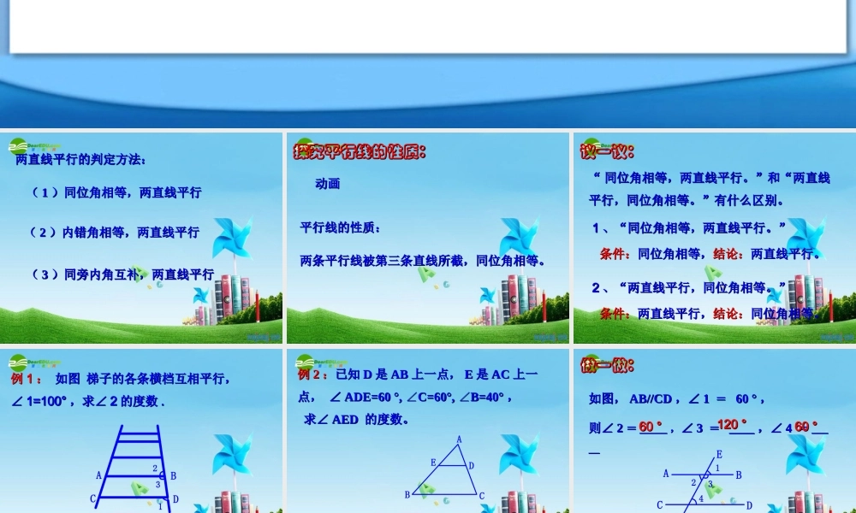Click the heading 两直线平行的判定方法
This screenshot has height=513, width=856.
tap(80, 159)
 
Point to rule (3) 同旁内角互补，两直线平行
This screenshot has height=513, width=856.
tap(122, 274)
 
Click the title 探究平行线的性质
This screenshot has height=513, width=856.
tap(360, 152)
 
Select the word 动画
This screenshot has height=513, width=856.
tap(327, 183)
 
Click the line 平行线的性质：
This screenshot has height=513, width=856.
tap(340, 227)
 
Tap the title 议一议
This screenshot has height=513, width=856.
tap(607, 152)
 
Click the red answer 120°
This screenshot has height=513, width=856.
tap(732, 425)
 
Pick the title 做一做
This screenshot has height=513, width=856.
tap(607, 365)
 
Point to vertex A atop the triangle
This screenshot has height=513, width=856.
tap(459, 439)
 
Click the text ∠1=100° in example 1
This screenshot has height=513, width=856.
tap(43, 401)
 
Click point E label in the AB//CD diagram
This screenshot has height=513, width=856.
tap(718, 454)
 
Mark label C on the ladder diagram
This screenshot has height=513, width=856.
tap(93, 498)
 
